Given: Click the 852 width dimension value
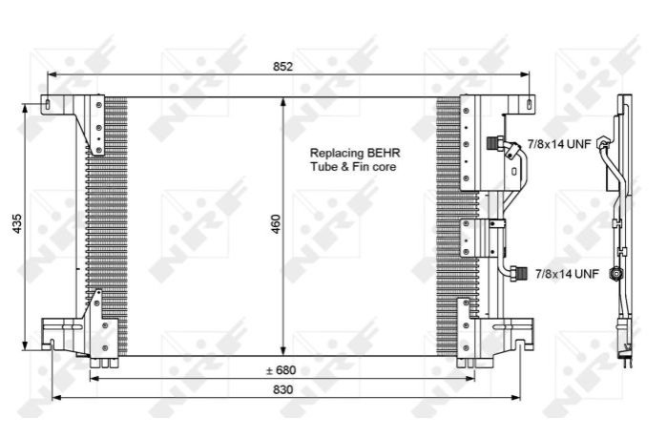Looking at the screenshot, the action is [282, 67].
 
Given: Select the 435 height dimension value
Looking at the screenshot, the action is [17, 223].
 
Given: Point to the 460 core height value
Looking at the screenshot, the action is [276, 223].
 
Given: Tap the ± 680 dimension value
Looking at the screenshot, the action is [281, 370].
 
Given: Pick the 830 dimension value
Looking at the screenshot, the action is [282, 389].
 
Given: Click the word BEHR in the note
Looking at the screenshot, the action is [384, 153].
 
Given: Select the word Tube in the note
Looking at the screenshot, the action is [323, 166].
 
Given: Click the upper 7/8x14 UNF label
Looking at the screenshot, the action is [559, 144].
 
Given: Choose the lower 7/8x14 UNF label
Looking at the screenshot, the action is [567, 274].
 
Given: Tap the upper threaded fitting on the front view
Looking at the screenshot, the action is [494, 142].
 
